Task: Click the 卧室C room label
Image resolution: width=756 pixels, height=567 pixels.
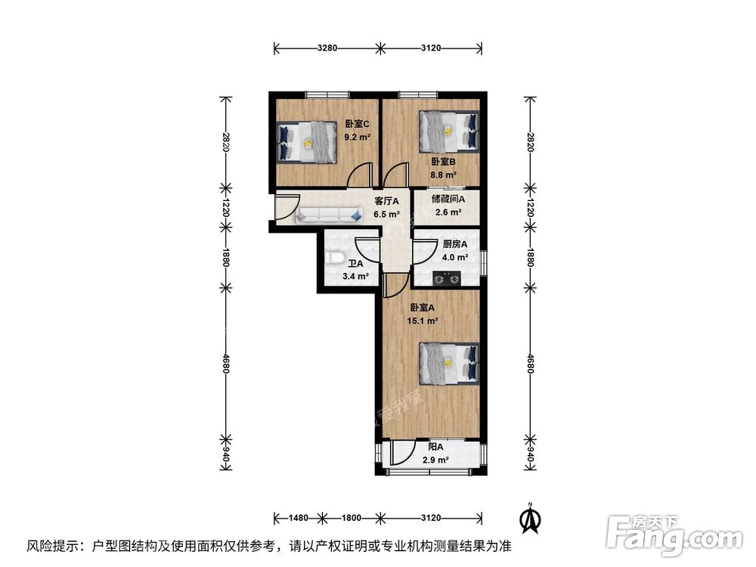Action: pos(357,125)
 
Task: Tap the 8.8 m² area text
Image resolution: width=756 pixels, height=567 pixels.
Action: pos(444,175)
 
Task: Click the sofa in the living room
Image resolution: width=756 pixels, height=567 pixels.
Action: pos(329,216)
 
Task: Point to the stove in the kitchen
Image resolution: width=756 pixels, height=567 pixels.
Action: pos(447,280)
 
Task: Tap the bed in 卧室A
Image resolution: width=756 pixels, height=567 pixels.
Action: pos(450,364)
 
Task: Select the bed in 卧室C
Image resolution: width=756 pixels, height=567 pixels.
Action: pos(308,141)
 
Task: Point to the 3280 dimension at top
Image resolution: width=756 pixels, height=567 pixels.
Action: pos(327,48)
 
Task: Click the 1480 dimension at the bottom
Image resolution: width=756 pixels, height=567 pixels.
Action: pos(299,519)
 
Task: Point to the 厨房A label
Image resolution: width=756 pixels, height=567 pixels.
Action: pos(454,244)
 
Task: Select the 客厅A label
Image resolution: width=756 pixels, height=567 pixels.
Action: pos(387,201)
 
